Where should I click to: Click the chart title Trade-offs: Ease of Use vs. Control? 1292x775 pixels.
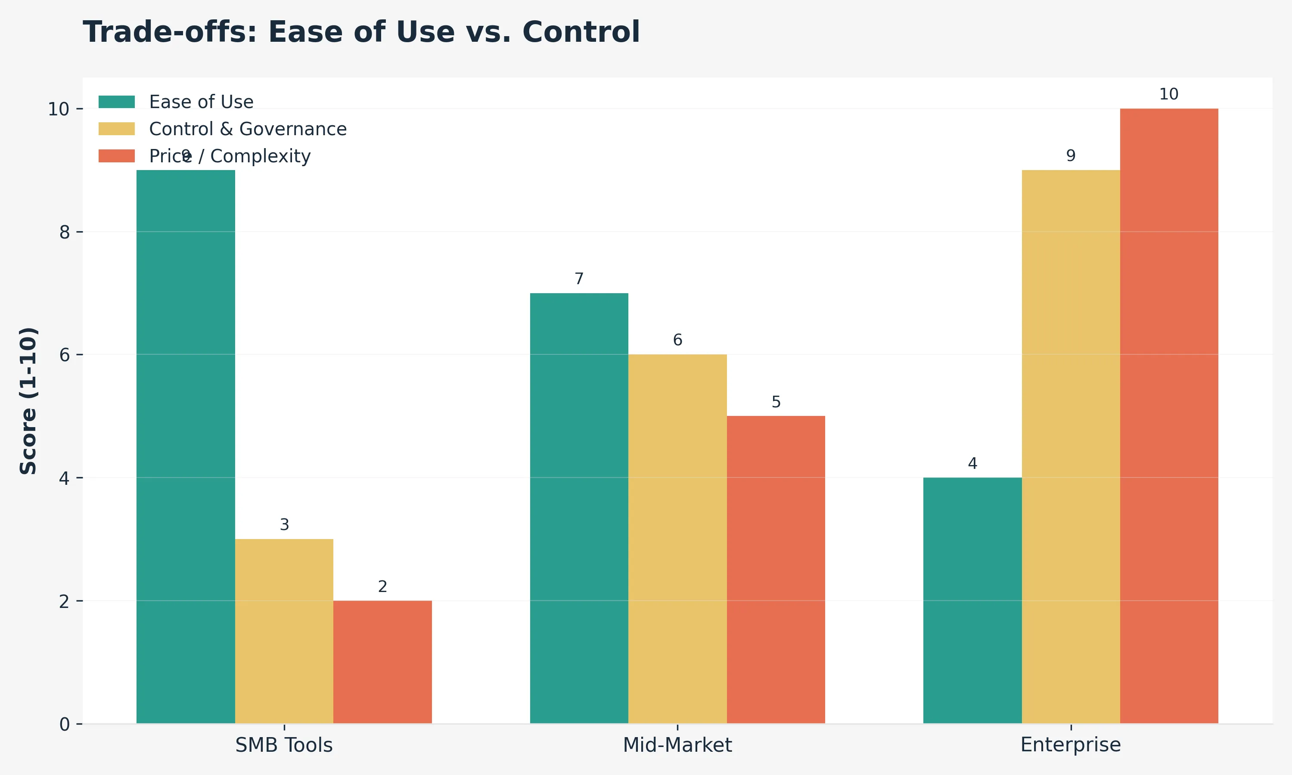(x=361, y=32)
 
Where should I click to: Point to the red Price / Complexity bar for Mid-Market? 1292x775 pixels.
(x=776, y=569)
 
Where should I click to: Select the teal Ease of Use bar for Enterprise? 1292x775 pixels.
(x=972, y=600)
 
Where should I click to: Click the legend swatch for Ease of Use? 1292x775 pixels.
(x=116, y=102)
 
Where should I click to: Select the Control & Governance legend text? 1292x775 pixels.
(x=248, y=129)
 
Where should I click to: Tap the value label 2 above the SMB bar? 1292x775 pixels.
(x=382, y=586)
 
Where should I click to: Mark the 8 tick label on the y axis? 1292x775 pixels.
(x=64, y=232)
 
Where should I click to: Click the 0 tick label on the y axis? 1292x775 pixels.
(x=64, y=724)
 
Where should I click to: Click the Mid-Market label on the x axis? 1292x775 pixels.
(x=677, y=745)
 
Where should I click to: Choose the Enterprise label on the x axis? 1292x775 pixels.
(x=1071, y=745)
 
